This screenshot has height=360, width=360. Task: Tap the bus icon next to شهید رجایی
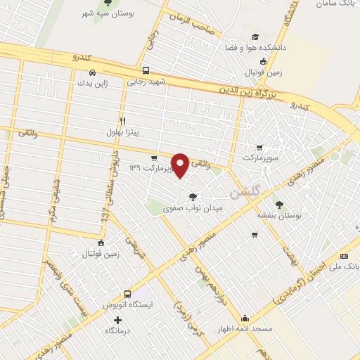(x=146, y=70)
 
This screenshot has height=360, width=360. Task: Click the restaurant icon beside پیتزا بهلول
(x=122, y=121)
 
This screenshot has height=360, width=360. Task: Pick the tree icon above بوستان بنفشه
(x=280, y=205)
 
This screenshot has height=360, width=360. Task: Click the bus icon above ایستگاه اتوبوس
(x=127, y=294)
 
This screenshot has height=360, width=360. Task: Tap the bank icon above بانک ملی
(x=344, y=256)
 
